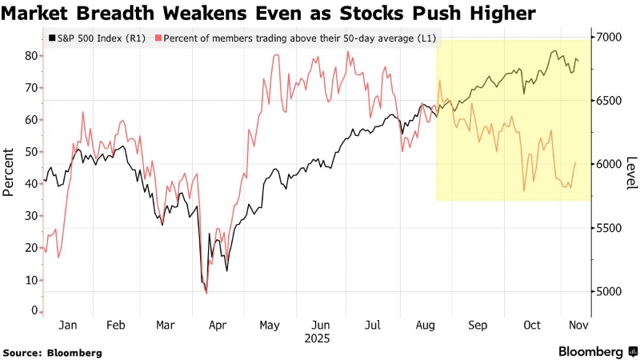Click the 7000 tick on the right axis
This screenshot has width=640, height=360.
click(x=607, y=38)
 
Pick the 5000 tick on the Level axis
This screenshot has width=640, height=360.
click(x=607, y=292)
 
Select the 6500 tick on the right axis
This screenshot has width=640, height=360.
click(x=607, y=101)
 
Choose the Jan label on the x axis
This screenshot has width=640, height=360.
click(x=68, y=326)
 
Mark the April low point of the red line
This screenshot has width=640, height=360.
click(x=206, y=294)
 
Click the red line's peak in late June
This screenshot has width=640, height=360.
click(x=348, y=52)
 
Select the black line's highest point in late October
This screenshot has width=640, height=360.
click(x=554, y=51)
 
